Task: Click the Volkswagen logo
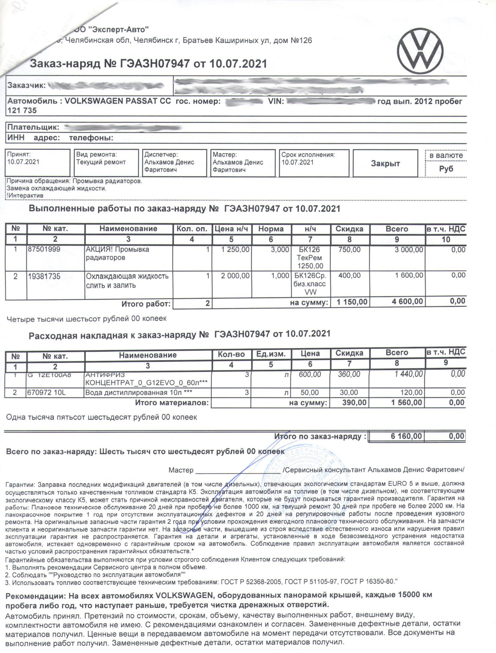(x=420, y=51)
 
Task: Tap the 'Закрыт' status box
(x=385, y=164)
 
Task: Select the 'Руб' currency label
(x=446, y=169)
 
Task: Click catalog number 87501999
(x=44, y=249)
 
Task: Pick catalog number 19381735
(x=44, y=276)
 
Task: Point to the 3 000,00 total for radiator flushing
(x=409, y=250)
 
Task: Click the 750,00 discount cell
(x=349, y=250)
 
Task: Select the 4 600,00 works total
(x=407, y=301)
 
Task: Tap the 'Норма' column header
(x=271, y=229)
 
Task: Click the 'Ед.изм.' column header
(x=271, y=354)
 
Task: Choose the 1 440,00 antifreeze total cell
(x=409, y=374)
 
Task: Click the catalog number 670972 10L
(x=47, y=392)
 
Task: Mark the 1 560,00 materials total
(x=406, y=403)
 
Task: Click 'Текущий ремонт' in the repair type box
(x=101, y=162)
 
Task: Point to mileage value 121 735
(x=22, y=111)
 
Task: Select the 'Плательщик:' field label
(x=33, y=128)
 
